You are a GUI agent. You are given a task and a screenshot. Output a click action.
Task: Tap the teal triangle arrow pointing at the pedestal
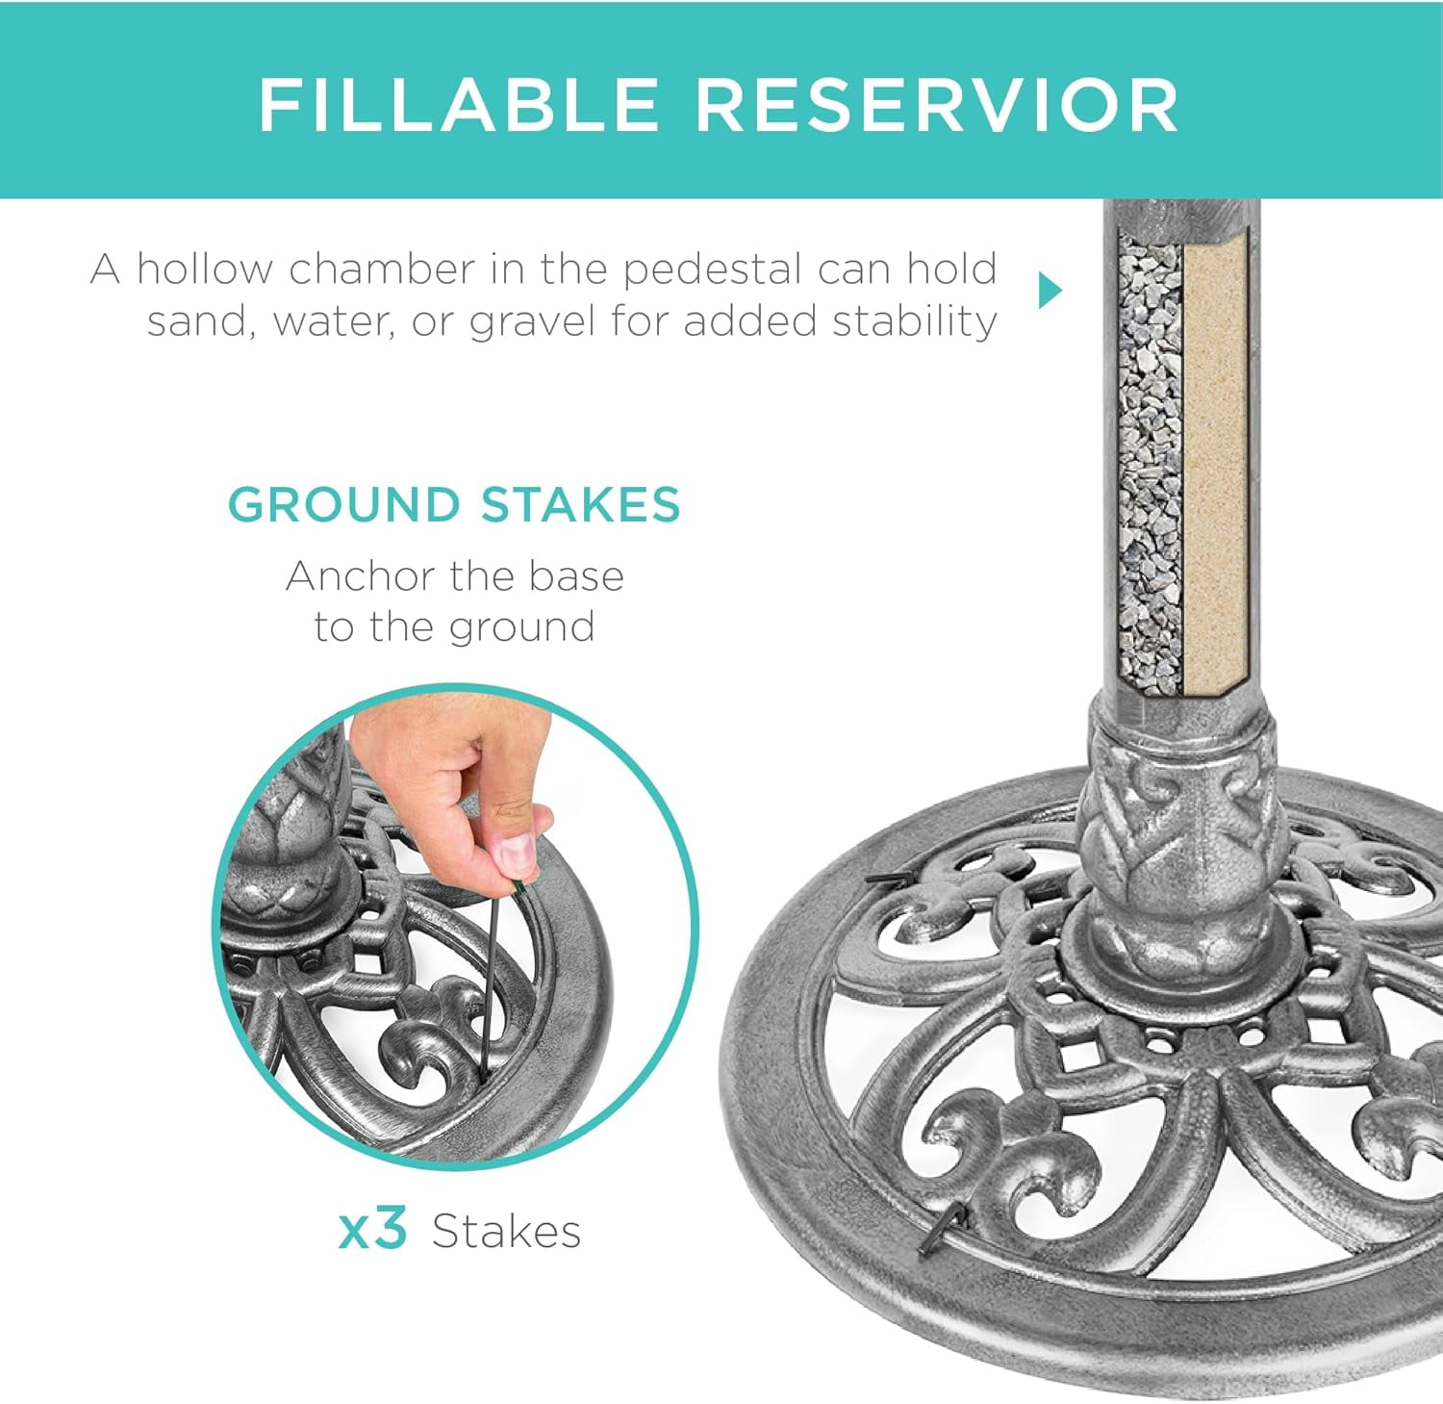[1051, 290]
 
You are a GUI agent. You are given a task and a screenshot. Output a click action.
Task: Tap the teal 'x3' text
[373, 1230]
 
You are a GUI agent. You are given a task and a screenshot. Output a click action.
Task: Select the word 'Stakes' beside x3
[506, 1231]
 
